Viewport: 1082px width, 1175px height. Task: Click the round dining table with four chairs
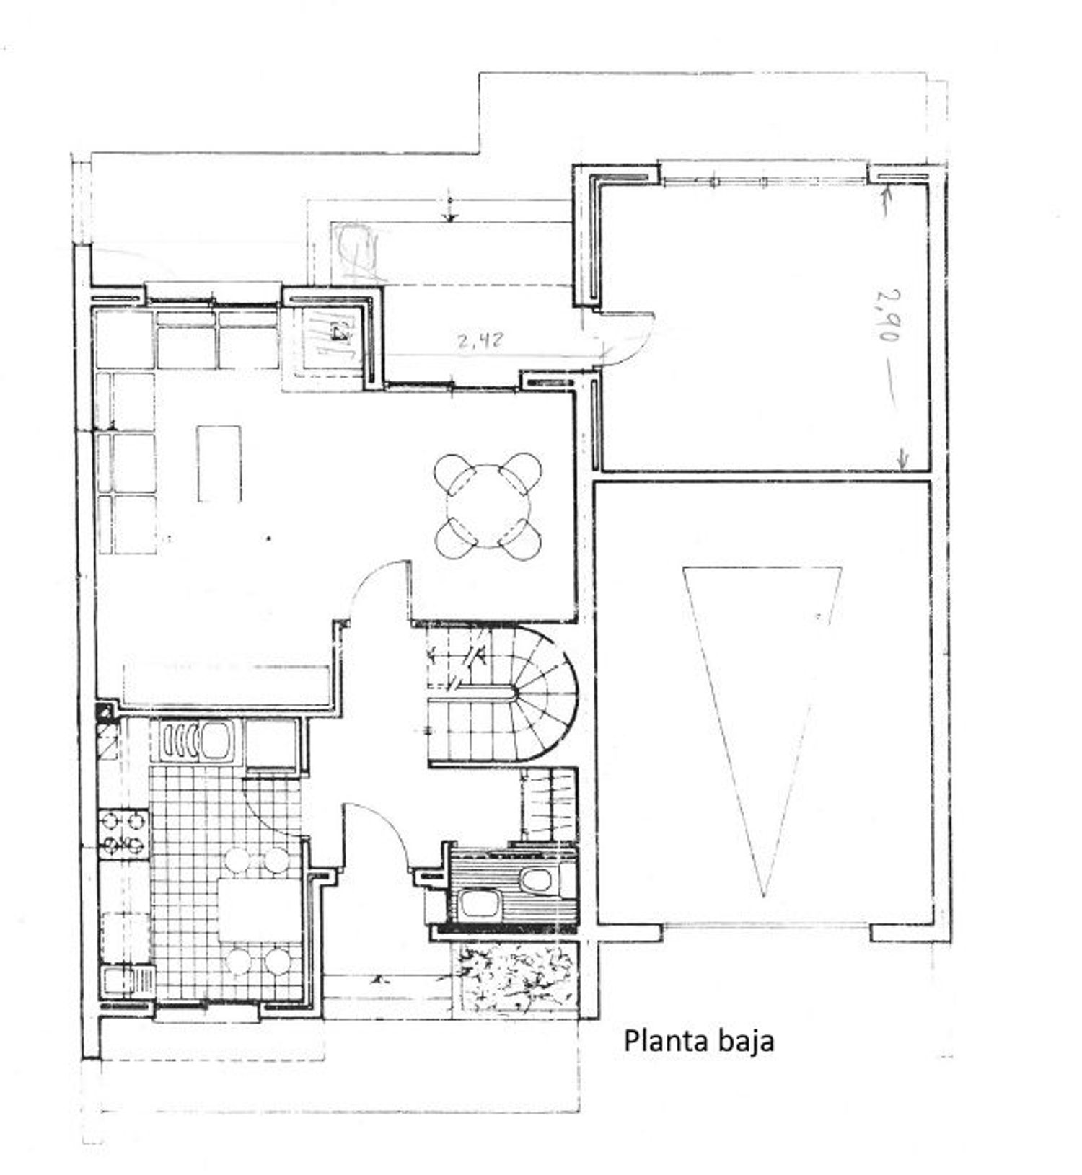[x=488, y=505]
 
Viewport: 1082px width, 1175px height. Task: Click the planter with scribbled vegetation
[x=515, y=978]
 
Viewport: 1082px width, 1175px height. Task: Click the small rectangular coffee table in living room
[x=219, y=463]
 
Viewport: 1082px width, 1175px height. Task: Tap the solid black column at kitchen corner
[x=105, y=711]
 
